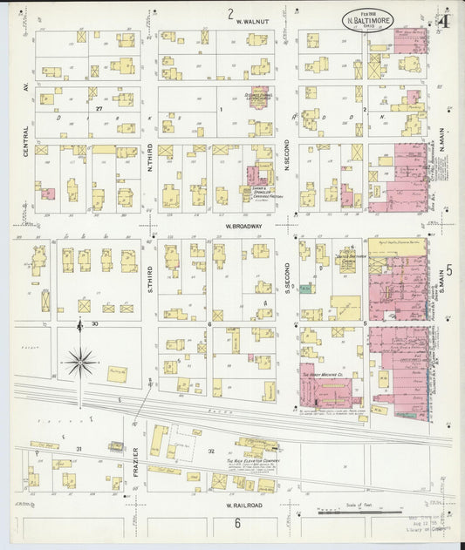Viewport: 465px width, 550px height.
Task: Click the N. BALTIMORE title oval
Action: coord(367,17)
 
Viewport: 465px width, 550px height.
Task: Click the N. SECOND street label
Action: coord(287,166)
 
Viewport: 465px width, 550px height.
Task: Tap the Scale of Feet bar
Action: coord(349,512)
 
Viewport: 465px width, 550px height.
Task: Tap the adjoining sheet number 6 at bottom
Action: coord(236,523)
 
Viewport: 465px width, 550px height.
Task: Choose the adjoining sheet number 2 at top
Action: coord(230,14)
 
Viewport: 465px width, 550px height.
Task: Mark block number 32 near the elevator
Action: coord(210,451)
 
